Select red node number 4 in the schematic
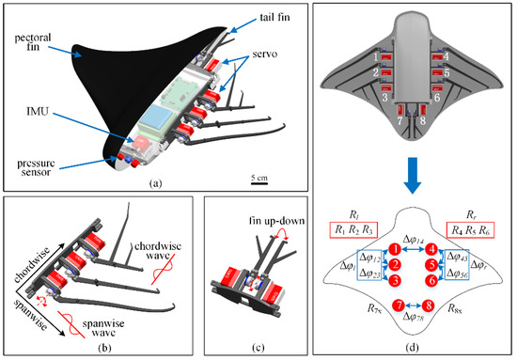431,250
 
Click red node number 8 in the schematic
429,305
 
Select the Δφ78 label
414,320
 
